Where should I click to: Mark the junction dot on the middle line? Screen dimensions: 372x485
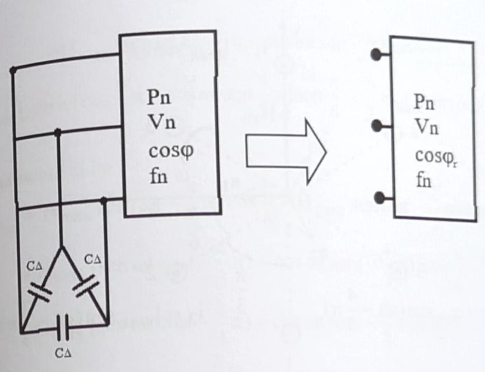click(59, 132)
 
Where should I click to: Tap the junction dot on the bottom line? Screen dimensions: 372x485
click(103, 200)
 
